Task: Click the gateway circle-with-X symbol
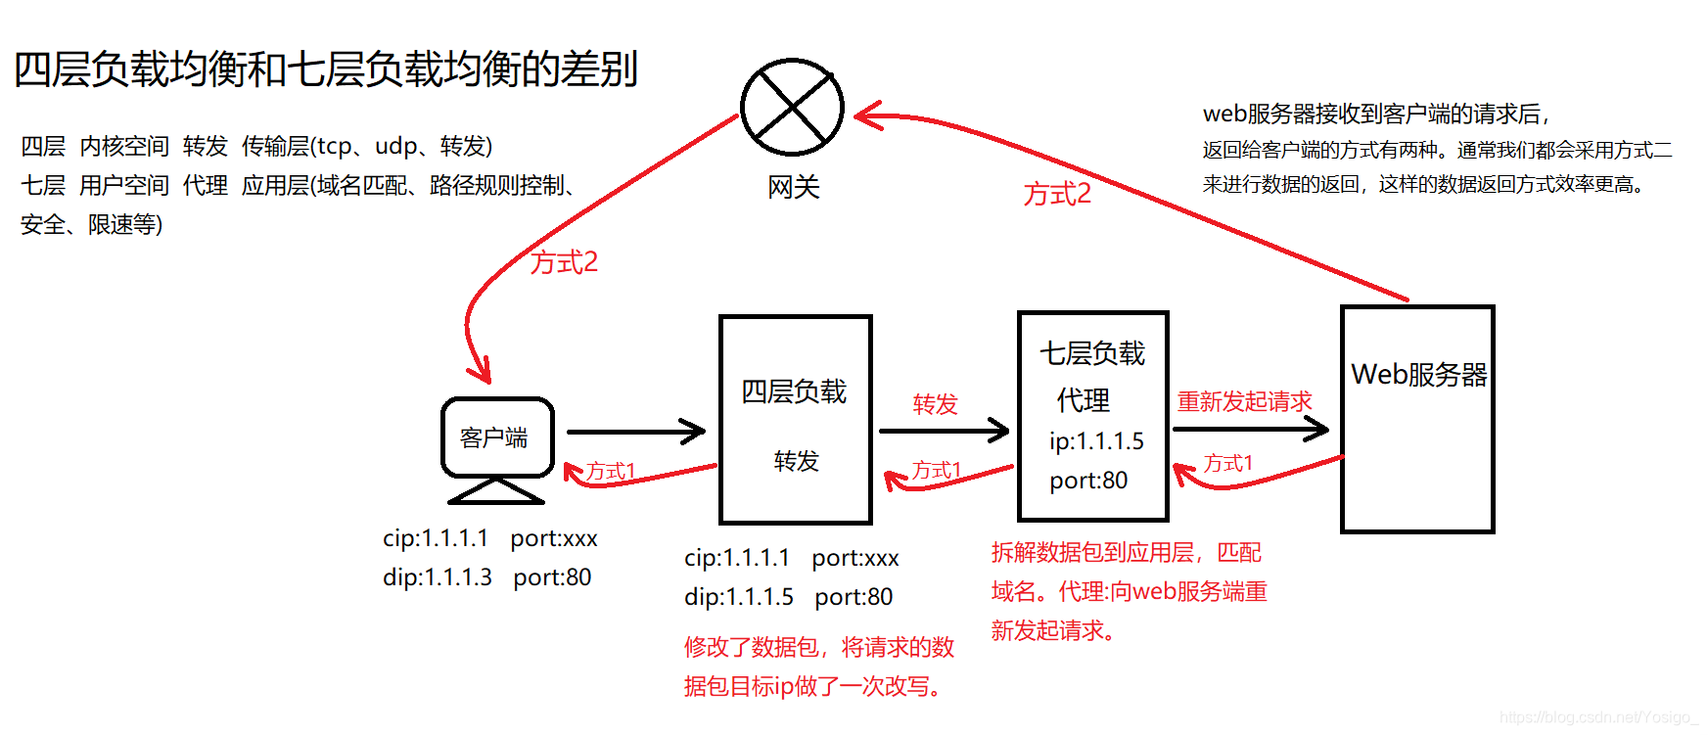click(792, 107)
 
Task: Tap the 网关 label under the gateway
click(793, 187)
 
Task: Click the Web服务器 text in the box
click(1418, 374)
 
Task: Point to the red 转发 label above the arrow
click(935, 404)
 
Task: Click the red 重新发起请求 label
click(1244, 401)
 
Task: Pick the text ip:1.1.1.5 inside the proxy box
click(1096, 441)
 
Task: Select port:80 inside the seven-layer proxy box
click(1088, 481)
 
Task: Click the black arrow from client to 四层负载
click(636, 431)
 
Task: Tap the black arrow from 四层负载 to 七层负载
click(944, 430)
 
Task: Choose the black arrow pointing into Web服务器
click(1250, 428)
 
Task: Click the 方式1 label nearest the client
click(611, 472)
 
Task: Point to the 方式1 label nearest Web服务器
click(1227, 463)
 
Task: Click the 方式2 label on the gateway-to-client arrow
click(564, 262)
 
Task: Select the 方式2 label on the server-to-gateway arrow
click(1057, 194)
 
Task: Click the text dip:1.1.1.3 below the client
click(438, 577)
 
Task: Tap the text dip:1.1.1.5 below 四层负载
click(739, 597)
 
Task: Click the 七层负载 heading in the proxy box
click(1092, 353)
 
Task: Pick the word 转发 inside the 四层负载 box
click(796, 461)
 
